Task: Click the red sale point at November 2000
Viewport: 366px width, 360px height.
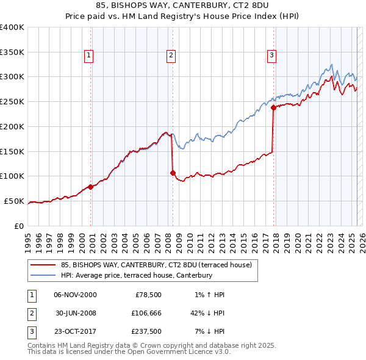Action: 91,187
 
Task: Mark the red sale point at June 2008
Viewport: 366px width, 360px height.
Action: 173,173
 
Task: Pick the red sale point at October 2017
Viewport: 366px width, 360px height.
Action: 273,107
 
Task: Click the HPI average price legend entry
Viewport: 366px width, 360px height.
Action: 136,276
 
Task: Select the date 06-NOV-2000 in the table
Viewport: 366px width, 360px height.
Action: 75,295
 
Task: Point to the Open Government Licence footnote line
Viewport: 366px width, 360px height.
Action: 129,351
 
